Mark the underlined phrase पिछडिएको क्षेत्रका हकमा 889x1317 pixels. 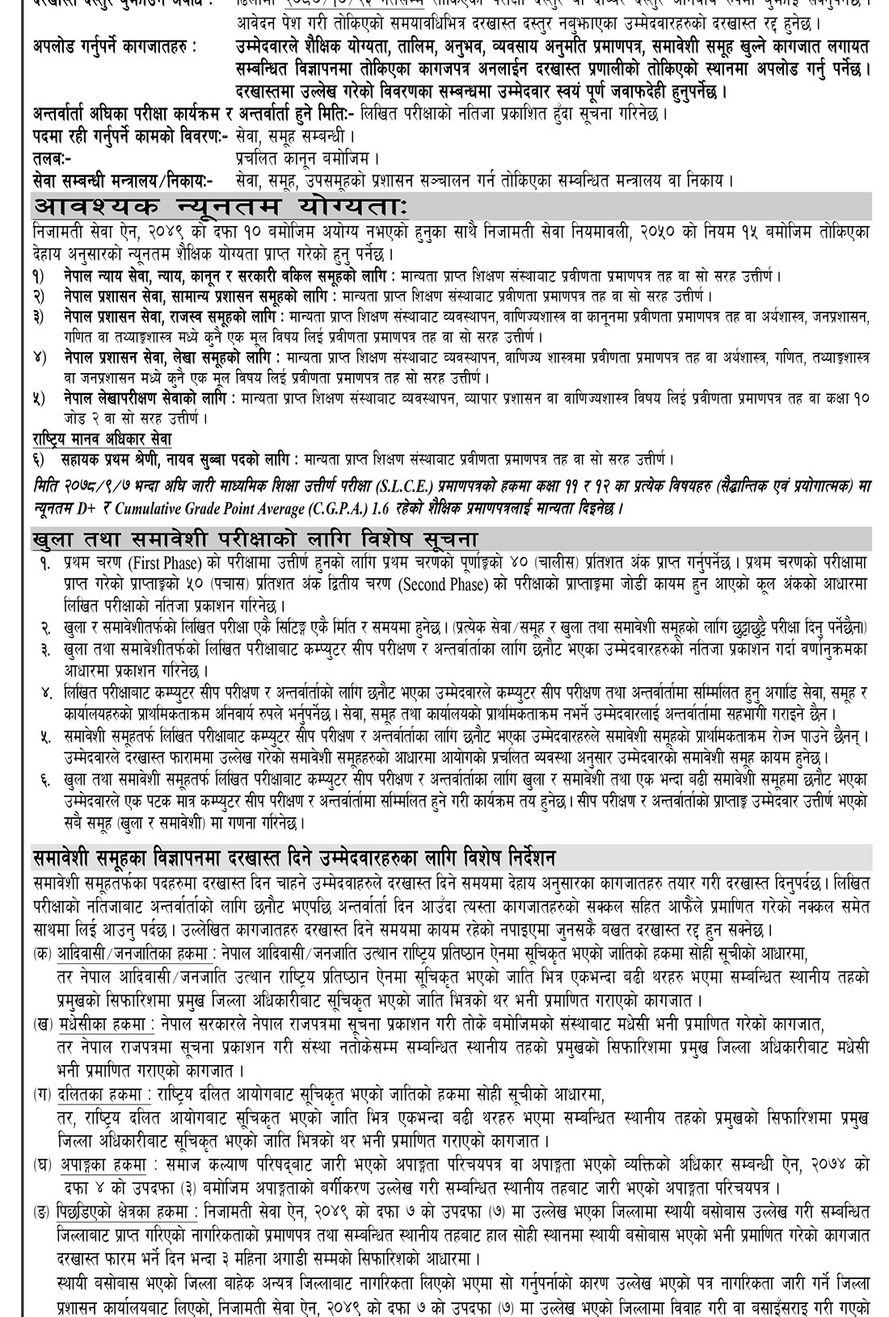click(127, 1210)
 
